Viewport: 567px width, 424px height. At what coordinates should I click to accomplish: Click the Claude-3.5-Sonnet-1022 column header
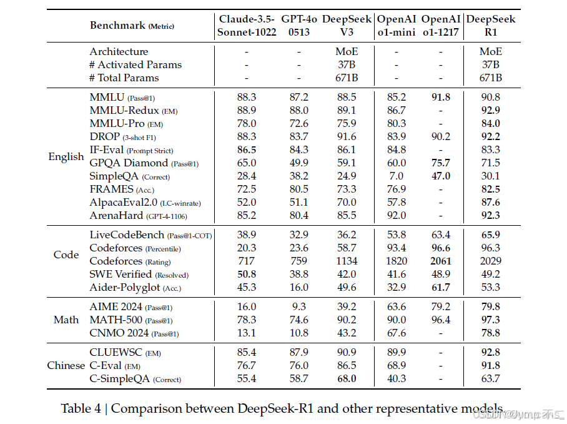click(x=247, y=26)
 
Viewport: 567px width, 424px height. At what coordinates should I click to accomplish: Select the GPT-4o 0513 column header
click(x=299, y=26)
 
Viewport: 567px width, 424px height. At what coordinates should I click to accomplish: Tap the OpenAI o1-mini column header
click(x=396, y=26)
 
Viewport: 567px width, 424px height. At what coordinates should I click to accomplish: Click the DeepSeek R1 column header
click(x=491, y=26)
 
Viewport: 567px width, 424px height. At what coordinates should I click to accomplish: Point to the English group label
click(x=66, y=156)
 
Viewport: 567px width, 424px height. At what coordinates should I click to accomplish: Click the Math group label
click(x=66, y=320)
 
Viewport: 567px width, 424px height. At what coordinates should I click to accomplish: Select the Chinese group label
click(x=66, y=365)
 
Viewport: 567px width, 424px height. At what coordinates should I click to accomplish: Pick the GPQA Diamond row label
click(x=129, y=163)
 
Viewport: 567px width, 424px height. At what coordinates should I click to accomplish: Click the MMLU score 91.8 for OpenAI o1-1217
click(x=440, y=97)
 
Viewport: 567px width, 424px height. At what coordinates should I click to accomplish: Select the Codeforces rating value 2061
click(x=440, y=261)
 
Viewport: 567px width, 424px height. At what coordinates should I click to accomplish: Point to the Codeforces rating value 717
click(x=247, y=261)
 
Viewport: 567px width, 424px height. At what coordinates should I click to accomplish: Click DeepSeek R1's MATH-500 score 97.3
click(x=491, y=320)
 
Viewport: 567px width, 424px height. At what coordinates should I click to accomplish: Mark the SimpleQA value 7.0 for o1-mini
click(x=396, y=176)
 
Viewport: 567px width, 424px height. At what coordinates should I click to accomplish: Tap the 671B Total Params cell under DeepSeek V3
click(x=347, y=78)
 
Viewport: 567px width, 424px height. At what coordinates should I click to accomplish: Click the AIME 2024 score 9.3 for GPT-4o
click(x=299, y=306)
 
